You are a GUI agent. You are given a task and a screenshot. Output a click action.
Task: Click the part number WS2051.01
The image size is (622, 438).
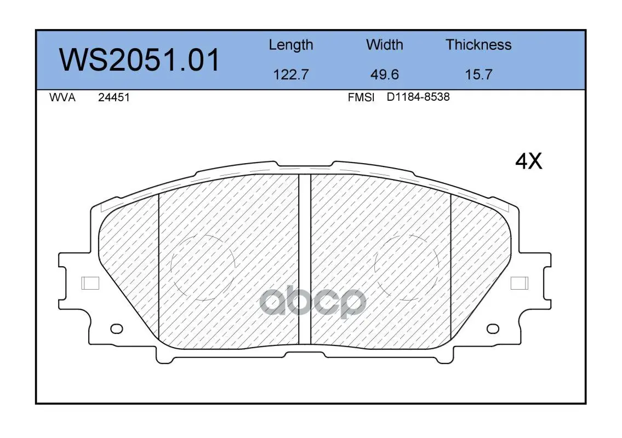pyautogui.click(x=139, y=60)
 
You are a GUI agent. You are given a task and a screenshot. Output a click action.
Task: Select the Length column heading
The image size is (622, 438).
pyautogui.click(x=291, y=45)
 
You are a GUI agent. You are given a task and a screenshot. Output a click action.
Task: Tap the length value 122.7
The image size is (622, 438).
pyautogui.click(x=291, y=74)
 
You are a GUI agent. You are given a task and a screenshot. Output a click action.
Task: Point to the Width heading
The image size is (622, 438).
pyautogui.click(x=384, y=44)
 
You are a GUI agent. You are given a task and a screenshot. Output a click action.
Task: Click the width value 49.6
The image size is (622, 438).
pyautogui.click(x=384, y=74)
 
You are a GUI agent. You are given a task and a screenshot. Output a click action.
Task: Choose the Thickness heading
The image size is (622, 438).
pyautogui.click(x=478, y=44)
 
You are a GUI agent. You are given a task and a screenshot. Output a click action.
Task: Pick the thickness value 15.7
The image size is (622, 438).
pyautogui.click(x=478, y=74)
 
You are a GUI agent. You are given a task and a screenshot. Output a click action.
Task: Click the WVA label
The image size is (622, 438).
pyautogui.click(x=62, y=97)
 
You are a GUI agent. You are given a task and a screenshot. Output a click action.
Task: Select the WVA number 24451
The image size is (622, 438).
pyautogui.click(x=114, y=97)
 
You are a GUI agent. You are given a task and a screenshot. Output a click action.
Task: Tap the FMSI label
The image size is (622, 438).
pyautogui.click(x=361, y=97)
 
